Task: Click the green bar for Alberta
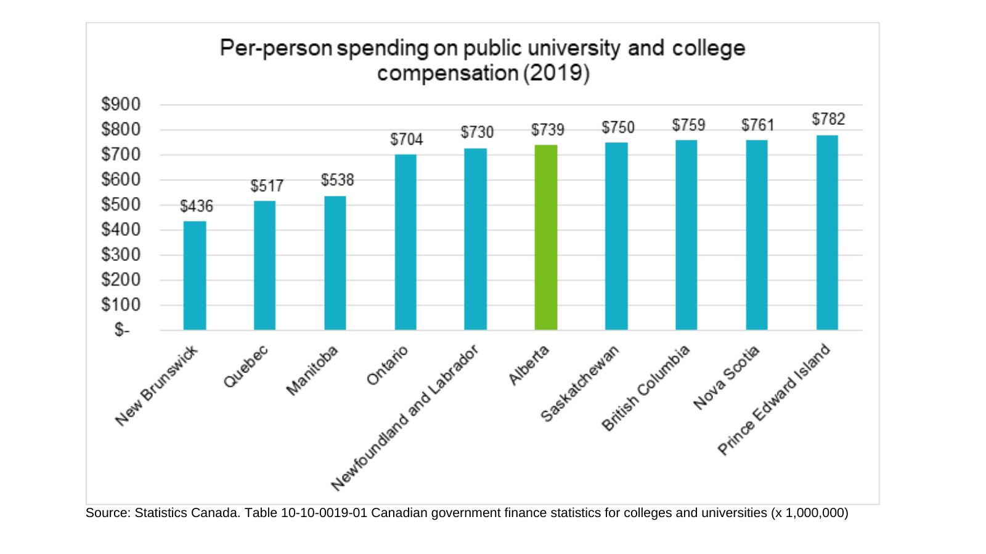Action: click(546, 238)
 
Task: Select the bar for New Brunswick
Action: click(195, 276)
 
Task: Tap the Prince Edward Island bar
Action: click(827, 233)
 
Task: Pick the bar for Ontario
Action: click(405, 242)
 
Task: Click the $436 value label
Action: click(197, 206)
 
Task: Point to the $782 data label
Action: click(828, 119)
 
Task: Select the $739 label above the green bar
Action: click(548, 130)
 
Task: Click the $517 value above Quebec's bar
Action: click(267, 186)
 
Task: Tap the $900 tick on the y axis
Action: click(121, 104)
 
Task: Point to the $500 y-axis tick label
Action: click(121, 204)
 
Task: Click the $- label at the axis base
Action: click(122, 330)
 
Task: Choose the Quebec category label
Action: click(246, 367)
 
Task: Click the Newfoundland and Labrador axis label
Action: click(405, 418)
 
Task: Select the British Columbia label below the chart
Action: click(646, 388)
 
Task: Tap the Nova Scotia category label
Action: click(727, 378)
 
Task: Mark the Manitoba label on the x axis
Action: click(313, 370)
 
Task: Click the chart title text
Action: click(483, 60)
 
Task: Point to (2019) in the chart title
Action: click(556, 73)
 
